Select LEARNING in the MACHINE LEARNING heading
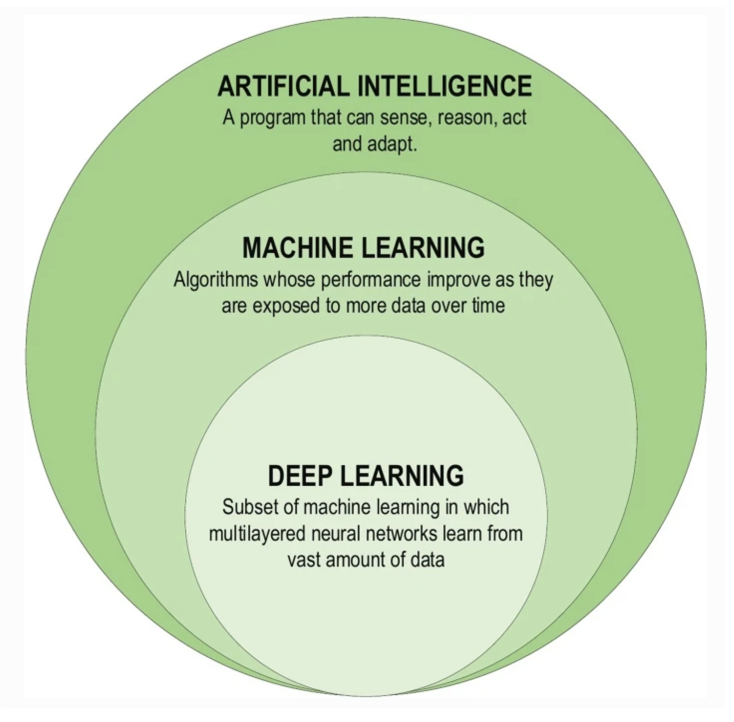[x=423, y=248]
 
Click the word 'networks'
[x=405, y=534]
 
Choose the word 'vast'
[x=304, y=560]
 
